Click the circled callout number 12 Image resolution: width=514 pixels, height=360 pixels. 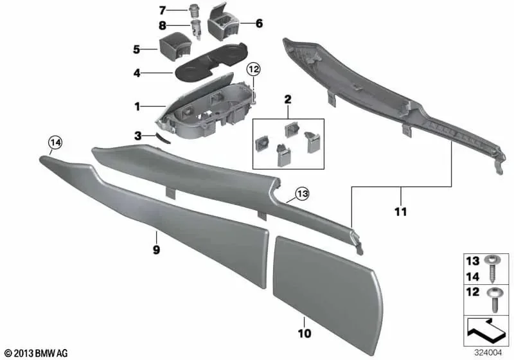point(253,69)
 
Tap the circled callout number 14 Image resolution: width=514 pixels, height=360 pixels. point(55,143)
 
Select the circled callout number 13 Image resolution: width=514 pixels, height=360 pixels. point(302,194)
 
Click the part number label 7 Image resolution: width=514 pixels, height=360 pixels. point(163,10)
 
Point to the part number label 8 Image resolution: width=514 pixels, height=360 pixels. point(163,25)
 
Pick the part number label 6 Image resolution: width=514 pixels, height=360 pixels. point(259,23)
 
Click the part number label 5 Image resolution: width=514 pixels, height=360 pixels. point(136,50)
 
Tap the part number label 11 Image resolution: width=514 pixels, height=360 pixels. point(400,212)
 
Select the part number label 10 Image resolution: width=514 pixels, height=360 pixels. point(304,334)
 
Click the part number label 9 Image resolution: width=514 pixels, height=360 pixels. point(156,250)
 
